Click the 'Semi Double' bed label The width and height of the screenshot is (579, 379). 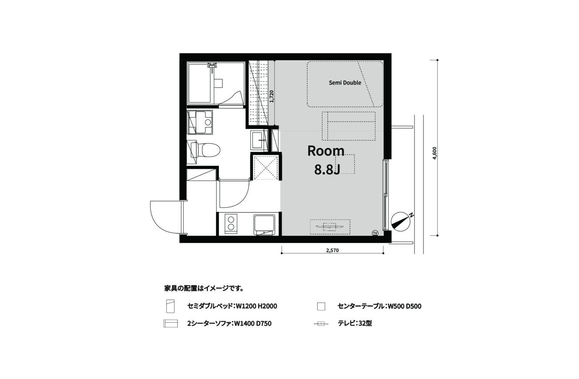(345, 83)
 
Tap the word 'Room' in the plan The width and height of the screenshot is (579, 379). (326, 151)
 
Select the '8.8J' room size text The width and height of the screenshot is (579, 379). (327, 170)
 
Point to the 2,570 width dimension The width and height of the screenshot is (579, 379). (333, 250)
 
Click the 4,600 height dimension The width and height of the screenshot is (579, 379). (434, 153)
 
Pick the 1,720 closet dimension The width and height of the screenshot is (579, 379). (271, 96)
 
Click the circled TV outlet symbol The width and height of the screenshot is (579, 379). (375, 233)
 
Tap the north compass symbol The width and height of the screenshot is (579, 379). (401, 222)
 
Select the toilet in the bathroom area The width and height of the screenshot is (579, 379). (205, 150)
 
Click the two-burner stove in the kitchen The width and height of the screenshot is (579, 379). (231, 224)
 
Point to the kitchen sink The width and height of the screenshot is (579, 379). (264, 224)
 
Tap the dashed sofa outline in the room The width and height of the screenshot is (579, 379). (349, 126)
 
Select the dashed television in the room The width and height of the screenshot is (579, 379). (330, 227)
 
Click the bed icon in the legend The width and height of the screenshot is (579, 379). (170, 306)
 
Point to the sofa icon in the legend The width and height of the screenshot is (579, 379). (170, 324)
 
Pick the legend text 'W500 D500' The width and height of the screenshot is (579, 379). (404, 306)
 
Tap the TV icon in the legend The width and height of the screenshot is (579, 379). (321, 324)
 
